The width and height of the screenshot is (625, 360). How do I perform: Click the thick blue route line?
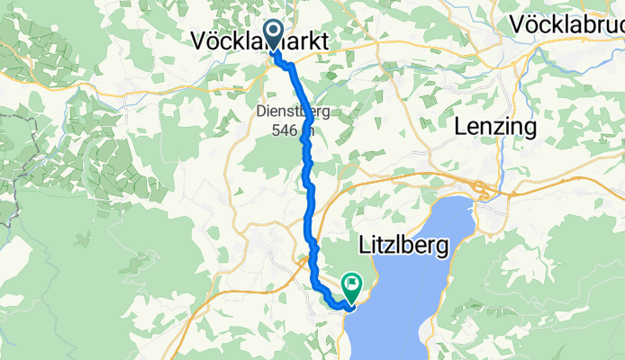[x=308, y=180]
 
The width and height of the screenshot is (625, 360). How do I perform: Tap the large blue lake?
[x=423, y=288]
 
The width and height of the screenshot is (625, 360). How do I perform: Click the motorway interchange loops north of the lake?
[x=486, y=191]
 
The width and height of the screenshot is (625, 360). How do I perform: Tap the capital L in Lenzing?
[x=466, y=127]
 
